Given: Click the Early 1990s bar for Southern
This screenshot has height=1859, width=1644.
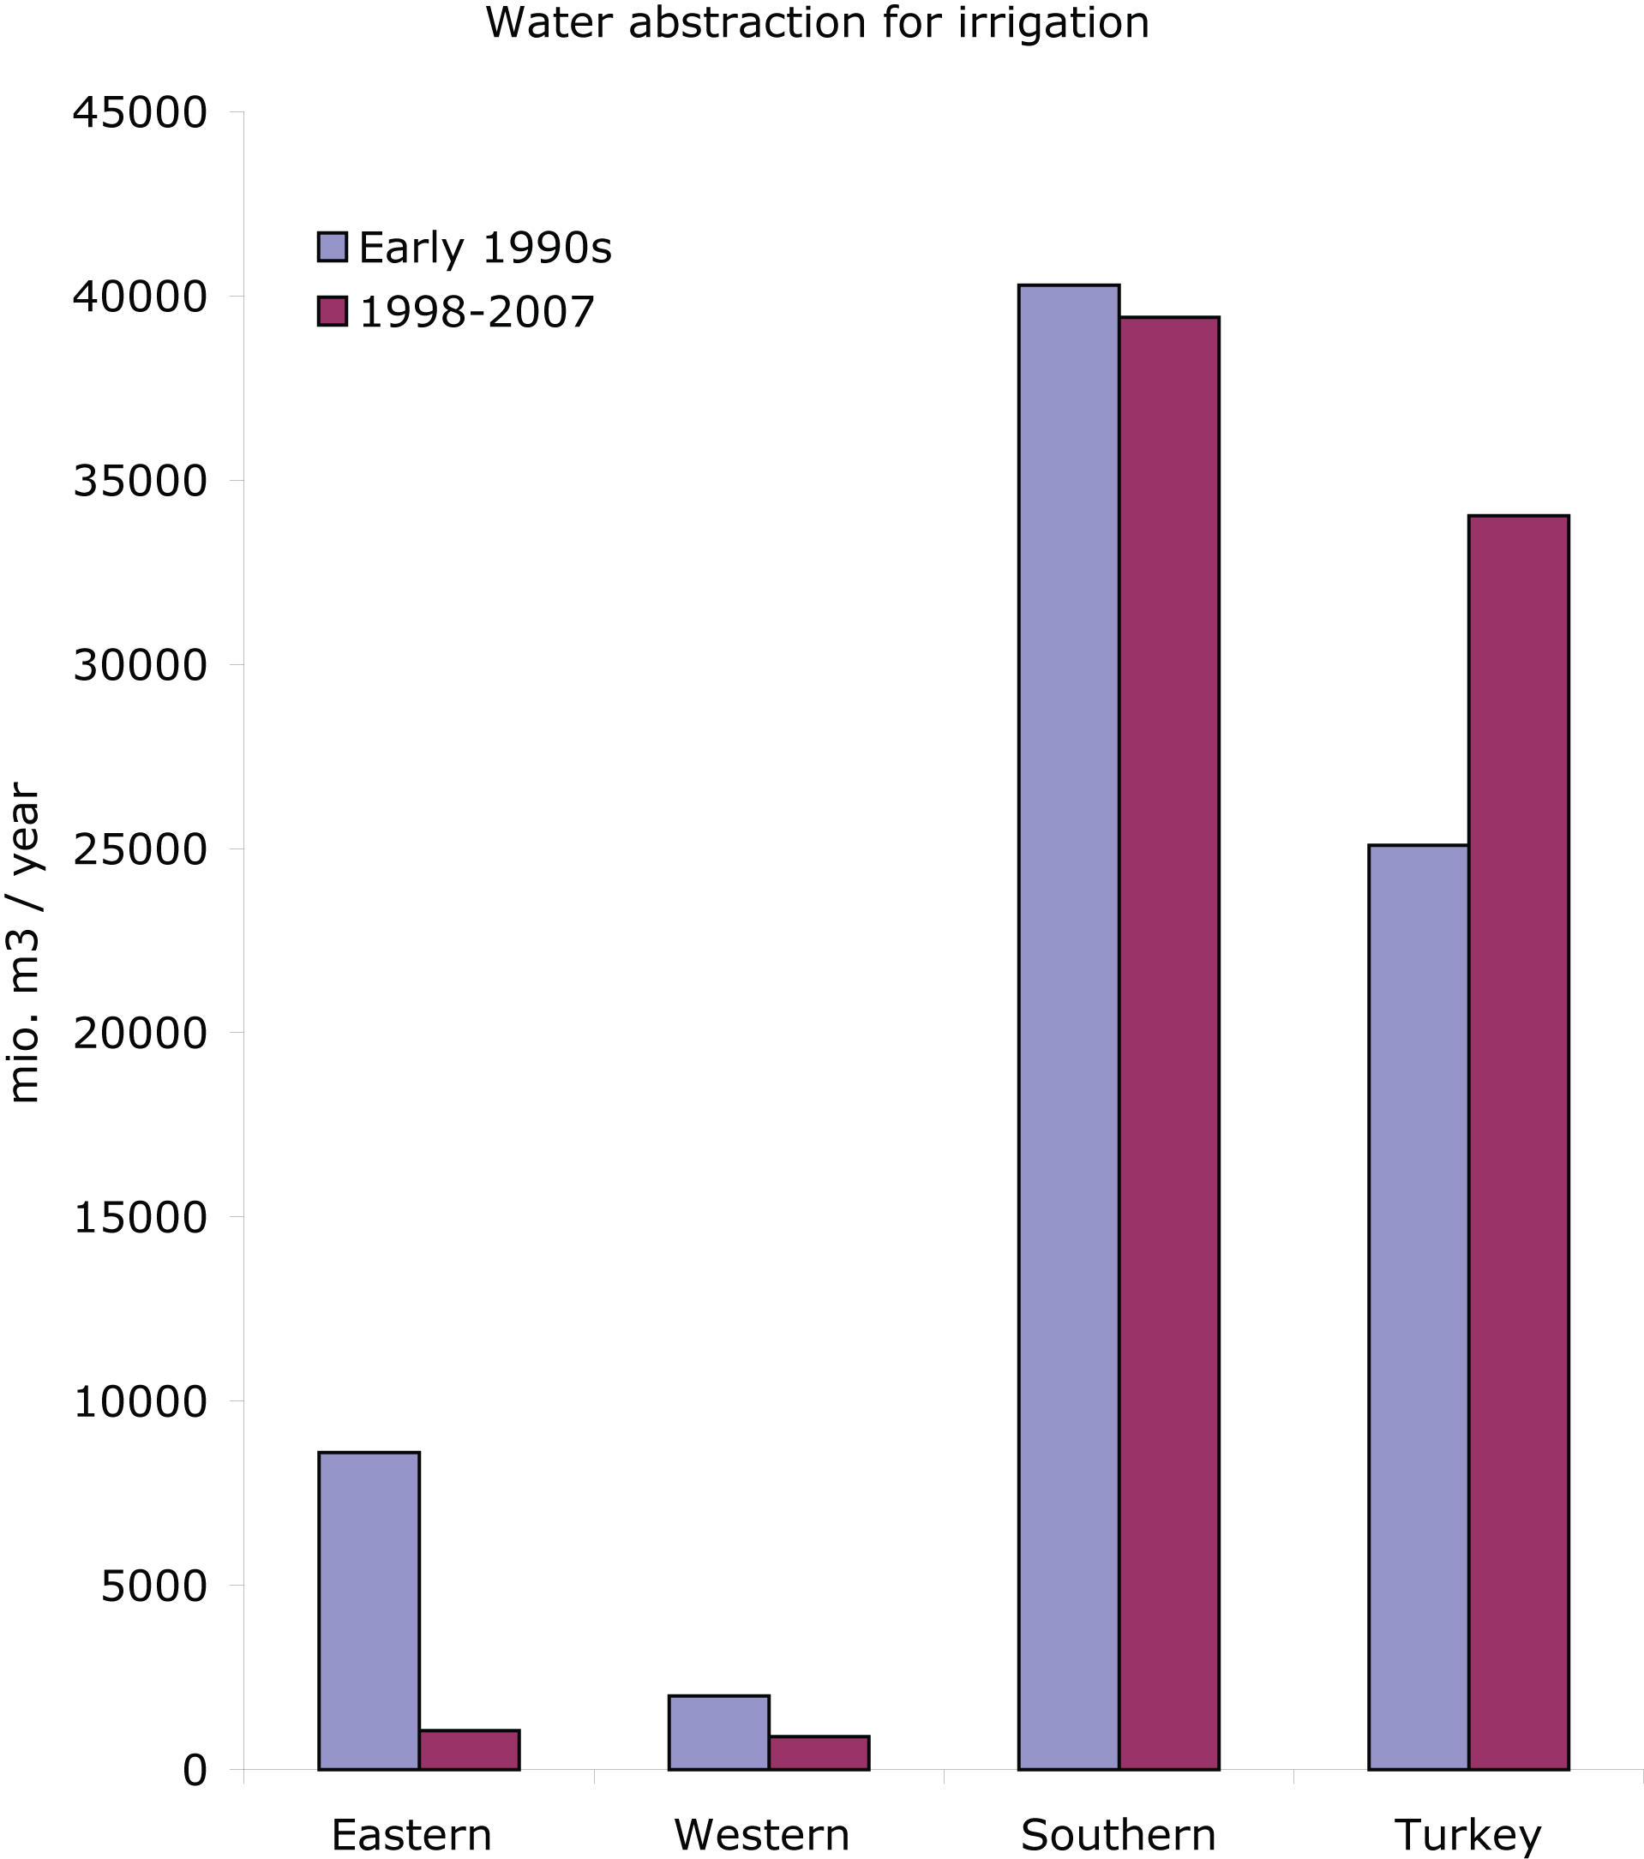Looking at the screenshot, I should pos(1068,1028).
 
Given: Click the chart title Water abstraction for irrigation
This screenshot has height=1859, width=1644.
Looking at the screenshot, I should pos(817,23).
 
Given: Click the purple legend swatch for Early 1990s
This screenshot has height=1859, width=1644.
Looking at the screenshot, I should pos(332,248).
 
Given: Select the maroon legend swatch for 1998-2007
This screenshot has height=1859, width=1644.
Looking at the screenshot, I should pos(332,311).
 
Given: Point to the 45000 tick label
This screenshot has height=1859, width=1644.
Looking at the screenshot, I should pos(140,114).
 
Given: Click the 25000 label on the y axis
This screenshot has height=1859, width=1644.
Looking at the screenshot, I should pos(140,849).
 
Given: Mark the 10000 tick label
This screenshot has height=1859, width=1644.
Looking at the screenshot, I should pos(140,1401).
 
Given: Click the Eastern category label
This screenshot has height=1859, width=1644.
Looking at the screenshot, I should pos(411,1835).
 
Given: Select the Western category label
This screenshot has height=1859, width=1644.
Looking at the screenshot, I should pos(761,1835).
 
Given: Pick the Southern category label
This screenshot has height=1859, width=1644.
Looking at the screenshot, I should pos(1118,1835).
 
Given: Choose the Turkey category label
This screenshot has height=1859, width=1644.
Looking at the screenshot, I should pos(1467,1835).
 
